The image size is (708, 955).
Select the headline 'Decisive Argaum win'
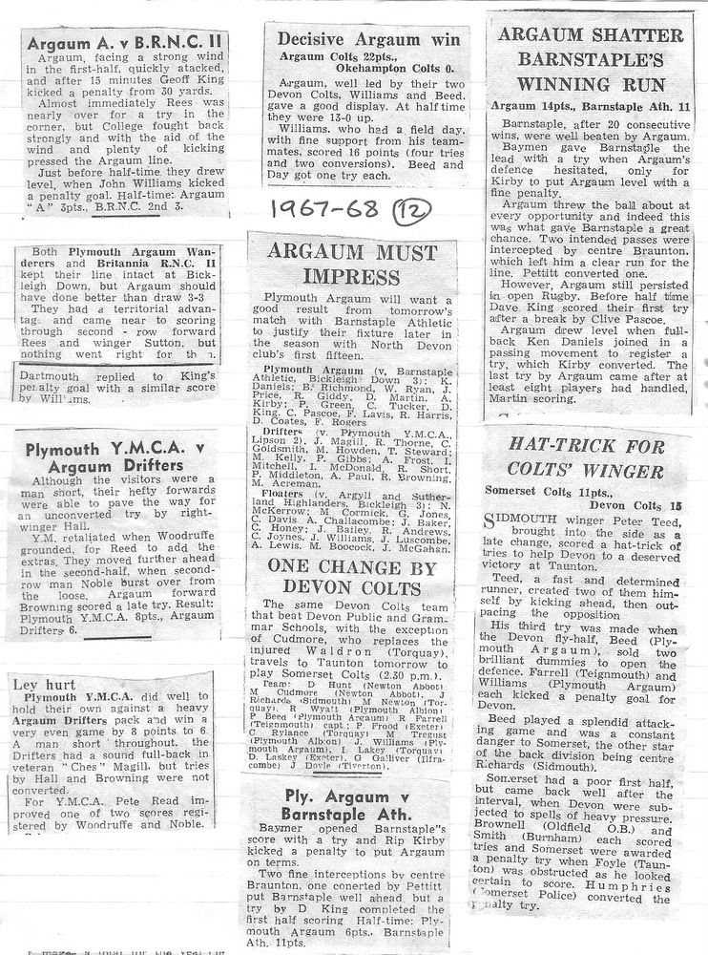click(x=367, y=39)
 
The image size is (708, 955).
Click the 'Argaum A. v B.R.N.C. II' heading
click(x=124, y=43)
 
